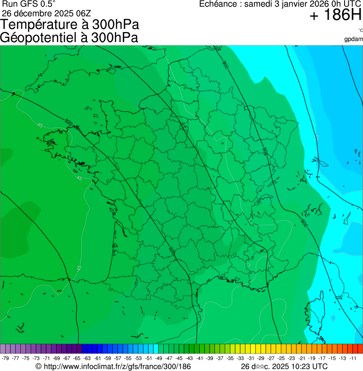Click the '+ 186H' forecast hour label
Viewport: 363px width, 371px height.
pos(335,16)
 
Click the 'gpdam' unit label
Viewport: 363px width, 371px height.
pos(354,39)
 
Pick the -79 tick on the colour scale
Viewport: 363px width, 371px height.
pos(6,358)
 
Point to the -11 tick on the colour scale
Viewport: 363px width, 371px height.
pos(352,358)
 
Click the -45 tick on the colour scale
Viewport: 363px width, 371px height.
pos(179,358)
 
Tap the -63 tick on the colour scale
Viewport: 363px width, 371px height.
pos(87,358)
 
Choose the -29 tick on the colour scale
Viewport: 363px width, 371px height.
pos(261,358)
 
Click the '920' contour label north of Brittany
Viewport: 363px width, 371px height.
pos(69,123)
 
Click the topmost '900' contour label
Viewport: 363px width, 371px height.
pos(225,65)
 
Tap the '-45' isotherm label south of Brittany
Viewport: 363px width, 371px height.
pos(78,178)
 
